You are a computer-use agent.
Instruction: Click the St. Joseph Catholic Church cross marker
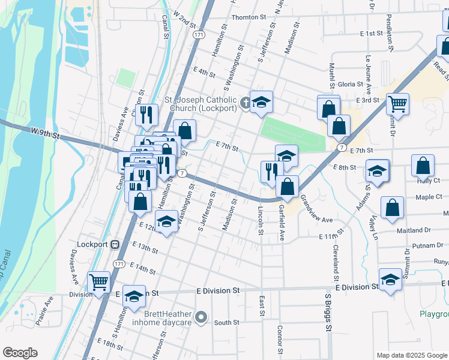click(245, 104)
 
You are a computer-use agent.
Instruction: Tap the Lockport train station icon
click(114, 245)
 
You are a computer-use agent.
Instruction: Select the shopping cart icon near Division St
click(98, 281)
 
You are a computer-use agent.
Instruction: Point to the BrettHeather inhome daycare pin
click(202, 317)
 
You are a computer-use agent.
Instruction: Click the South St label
click(227, 322)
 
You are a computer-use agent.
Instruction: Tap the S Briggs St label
click(328, 312)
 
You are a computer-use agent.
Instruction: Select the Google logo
click(20, 353)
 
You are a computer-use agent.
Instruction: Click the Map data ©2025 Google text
click(411, 355)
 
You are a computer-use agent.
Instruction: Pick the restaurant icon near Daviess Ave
click(146, 113)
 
